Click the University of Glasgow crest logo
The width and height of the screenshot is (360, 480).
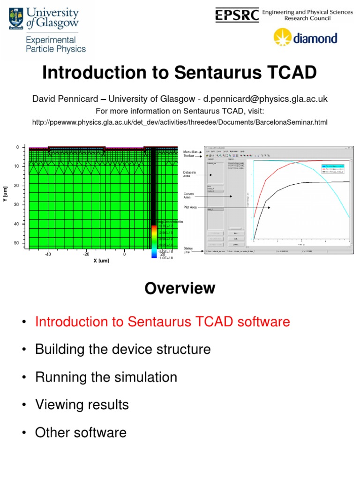click(17, 19)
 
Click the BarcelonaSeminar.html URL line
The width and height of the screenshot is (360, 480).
click(180, 122)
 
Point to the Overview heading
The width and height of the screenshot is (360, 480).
click(180, 288)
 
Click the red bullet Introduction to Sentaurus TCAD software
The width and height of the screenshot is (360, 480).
click(162, 322)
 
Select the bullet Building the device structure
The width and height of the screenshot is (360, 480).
click(123, 349)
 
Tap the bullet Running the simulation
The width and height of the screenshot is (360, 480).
click(106, 377)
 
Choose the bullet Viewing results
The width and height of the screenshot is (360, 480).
click(82, 405)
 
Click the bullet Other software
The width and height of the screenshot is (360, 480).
click(81, 432)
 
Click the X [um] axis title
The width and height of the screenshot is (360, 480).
click(101, 260)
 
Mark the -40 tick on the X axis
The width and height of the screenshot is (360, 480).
click(48, 254)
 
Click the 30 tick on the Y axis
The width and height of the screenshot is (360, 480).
click(16, 205)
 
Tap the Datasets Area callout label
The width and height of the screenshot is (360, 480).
click(190, 174)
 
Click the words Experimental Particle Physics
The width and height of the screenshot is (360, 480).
click(56, 45)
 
